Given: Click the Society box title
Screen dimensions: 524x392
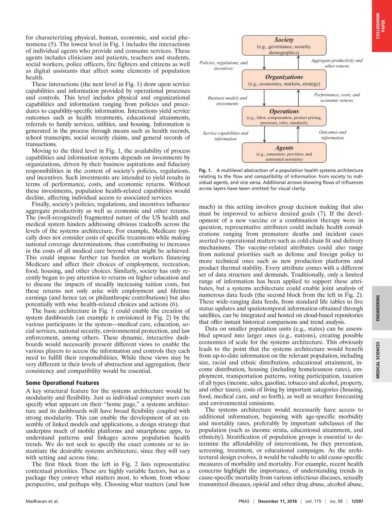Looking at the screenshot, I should pos(284,40).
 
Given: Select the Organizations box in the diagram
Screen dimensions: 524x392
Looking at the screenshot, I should pos(284,80).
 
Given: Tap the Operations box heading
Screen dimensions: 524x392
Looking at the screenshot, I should pos(284,111).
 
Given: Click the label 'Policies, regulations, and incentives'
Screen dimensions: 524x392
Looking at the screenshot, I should pos(223,66).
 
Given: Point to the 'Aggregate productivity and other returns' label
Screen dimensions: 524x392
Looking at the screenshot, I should pos(336,63).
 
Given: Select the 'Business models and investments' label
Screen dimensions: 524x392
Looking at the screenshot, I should pos(227,101).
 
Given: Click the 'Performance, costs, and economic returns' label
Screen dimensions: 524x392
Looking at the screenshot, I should pos(337,98).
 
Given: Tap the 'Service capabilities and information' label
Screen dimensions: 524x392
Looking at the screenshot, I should pos(225,136).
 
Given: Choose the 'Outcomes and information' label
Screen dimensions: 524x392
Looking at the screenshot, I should pos(333,135).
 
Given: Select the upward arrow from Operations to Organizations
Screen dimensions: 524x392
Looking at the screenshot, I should pos(298,98).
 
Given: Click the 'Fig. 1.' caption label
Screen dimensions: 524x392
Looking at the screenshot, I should pos(205,170).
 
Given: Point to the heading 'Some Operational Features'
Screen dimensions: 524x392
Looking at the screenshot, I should pos(62,383).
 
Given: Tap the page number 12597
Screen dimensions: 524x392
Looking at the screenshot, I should pos(357,501).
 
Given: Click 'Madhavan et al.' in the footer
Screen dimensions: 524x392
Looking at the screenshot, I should pos(42,501).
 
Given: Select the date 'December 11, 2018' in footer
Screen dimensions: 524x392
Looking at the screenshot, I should pos(277,501).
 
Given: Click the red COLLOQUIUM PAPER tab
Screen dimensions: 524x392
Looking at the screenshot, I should pos(382,26).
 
